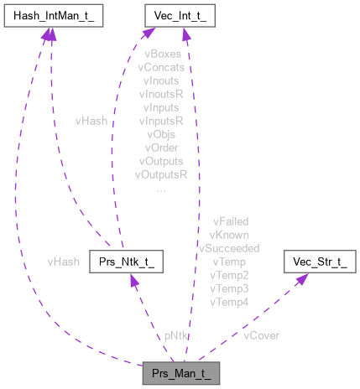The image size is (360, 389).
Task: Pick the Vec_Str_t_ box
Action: pos(321,263)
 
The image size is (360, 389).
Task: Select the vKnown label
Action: pos(230,234)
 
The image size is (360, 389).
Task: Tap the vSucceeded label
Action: pos(230,247)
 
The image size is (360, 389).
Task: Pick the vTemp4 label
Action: pos(230,301)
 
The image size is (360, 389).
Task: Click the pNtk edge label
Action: pos(176,335)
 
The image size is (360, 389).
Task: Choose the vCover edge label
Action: pos(261,335)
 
